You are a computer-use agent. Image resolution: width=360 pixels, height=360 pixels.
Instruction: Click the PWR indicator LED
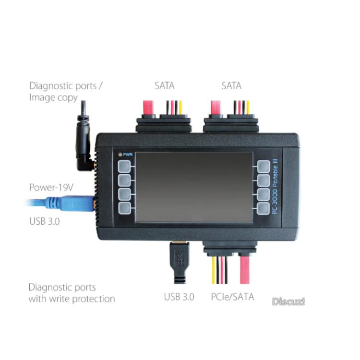[119, 155]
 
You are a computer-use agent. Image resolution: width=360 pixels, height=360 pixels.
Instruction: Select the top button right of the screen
[264, 167]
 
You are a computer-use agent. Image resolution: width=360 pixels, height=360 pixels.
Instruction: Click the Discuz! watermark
[288, 302]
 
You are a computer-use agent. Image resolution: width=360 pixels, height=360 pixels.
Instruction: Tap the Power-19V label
[51, 187]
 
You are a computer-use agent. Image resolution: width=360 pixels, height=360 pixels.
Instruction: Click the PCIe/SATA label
[232, 297]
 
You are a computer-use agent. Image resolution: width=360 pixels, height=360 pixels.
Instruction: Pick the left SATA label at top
[164, 86]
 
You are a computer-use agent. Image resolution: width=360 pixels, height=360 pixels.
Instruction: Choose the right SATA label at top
[231, 86]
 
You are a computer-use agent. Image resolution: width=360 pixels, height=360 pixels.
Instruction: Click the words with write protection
[72, 299]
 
